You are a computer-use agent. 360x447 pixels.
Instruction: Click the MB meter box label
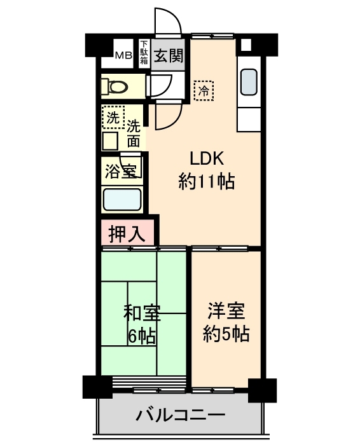pos(123,55)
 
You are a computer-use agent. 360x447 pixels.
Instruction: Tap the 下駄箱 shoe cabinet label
pos(144,52)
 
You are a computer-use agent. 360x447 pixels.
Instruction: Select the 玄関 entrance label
pos(168,55)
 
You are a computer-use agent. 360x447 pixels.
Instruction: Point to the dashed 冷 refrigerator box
pos(204,91)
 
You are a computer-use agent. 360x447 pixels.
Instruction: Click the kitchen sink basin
pos(249,83)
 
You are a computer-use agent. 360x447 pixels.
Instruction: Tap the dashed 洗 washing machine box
pos(113,117)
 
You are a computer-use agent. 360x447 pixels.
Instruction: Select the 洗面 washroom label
pos(133,134)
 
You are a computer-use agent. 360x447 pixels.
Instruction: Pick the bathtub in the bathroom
pos(122,200)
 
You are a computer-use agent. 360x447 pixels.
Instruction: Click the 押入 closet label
pos(127,235)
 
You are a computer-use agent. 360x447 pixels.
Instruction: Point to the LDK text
pos(207,159)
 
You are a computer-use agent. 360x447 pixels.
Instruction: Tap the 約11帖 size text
pos(207,182)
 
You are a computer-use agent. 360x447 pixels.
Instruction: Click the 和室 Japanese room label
pos(142,313)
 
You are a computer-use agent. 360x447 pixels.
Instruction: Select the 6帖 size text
pos(142,336)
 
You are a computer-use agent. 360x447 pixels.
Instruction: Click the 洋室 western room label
pos(226,311)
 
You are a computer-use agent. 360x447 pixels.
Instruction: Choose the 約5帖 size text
pos(226,334)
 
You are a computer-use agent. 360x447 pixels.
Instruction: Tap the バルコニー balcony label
pos(181,415)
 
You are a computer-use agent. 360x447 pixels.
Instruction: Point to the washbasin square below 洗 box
pos(110,141)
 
